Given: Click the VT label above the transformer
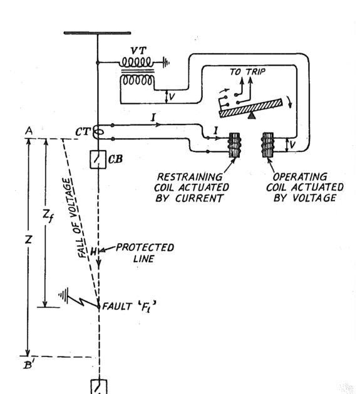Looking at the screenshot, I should (x=139, y=49).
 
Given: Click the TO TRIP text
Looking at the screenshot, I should (x=247, y=72).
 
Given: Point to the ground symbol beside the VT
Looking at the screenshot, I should (x=163, y=63).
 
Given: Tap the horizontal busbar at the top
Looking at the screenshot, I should (x=98, y=33).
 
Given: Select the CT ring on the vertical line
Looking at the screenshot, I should (x=98, y=133).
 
